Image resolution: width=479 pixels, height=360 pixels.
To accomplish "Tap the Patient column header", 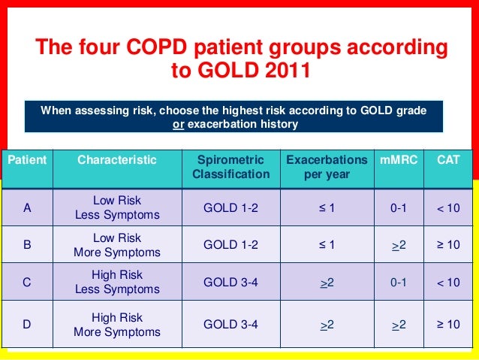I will coord(27,159).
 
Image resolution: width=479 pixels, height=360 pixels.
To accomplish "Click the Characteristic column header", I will coord(116,159).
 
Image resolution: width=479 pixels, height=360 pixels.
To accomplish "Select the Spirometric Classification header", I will coord(230,167).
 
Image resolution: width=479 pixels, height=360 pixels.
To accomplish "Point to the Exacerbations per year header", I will coord(327,167).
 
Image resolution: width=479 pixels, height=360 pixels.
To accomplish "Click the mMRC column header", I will coord(398,159).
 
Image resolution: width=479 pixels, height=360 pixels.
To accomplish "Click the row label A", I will coord(27,209).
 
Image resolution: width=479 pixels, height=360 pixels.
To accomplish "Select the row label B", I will coord(27,246).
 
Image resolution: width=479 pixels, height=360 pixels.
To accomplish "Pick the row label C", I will coord(27,283).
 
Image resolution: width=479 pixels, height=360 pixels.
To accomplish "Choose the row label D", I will coord(27,325).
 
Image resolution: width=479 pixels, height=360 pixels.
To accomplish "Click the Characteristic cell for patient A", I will coord(116,208).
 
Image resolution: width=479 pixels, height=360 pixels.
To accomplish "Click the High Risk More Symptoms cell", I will coord(116,325).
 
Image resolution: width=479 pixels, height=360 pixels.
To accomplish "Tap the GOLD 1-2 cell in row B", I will coord(230,246).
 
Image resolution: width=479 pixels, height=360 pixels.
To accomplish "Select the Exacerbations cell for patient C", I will coord(327,283).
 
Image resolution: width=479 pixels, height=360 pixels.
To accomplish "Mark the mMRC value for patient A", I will coord(398,209).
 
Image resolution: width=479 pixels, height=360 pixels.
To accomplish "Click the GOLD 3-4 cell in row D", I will coord(230,325).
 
